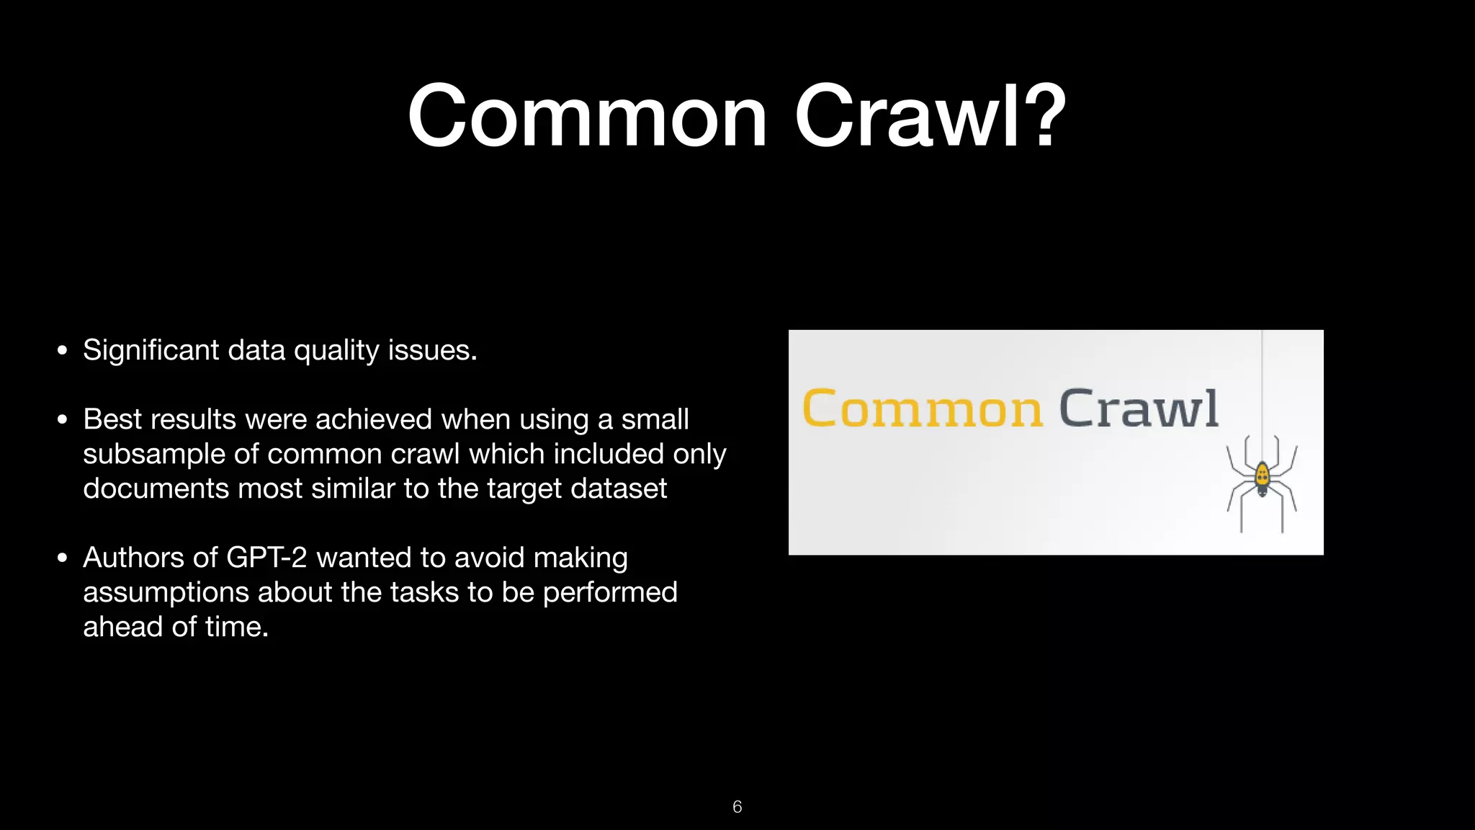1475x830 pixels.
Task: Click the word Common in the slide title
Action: [x=587, y=117]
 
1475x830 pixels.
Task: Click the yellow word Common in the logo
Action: [x=922, y=409]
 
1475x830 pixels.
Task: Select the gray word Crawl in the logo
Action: [x=1138, y=409]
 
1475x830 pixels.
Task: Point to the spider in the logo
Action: [x=1262, y=479]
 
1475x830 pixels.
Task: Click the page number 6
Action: [x=737, y=807]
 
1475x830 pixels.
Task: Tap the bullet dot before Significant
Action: [x=63, y=351]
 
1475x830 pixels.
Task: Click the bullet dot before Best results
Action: [x=63, y=419]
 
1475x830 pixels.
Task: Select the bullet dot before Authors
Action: [x=63, y=558]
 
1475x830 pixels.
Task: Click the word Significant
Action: [x=151, y=350]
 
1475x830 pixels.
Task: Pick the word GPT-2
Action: [x=266, y=558]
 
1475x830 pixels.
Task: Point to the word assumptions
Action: [x=166, y=593]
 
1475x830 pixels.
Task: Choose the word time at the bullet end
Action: [x=235, y=627]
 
